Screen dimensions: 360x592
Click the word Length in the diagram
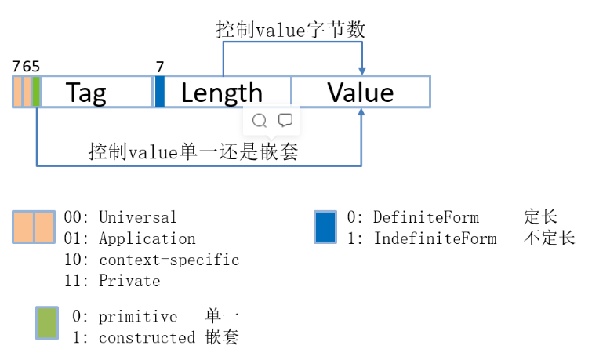(222, 93)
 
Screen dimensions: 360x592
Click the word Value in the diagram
(361, 93)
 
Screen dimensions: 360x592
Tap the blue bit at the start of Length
(160, 92)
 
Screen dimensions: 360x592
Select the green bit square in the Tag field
(36, 92)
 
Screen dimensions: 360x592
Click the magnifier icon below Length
(260, 120)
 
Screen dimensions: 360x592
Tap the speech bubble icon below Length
(285, 120)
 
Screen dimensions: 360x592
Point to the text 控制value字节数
(291, 31)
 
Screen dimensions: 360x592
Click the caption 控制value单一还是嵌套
(194, 151)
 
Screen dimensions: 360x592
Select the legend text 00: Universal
(120, 217)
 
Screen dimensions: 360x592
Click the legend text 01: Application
(129, 238)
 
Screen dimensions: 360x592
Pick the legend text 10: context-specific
(152, 260)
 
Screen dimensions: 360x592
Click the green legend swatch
(47, 323)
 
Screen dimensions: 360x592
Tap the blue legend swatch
(325, 227)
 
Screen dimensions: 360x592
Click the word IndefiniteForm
(435, 238)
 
